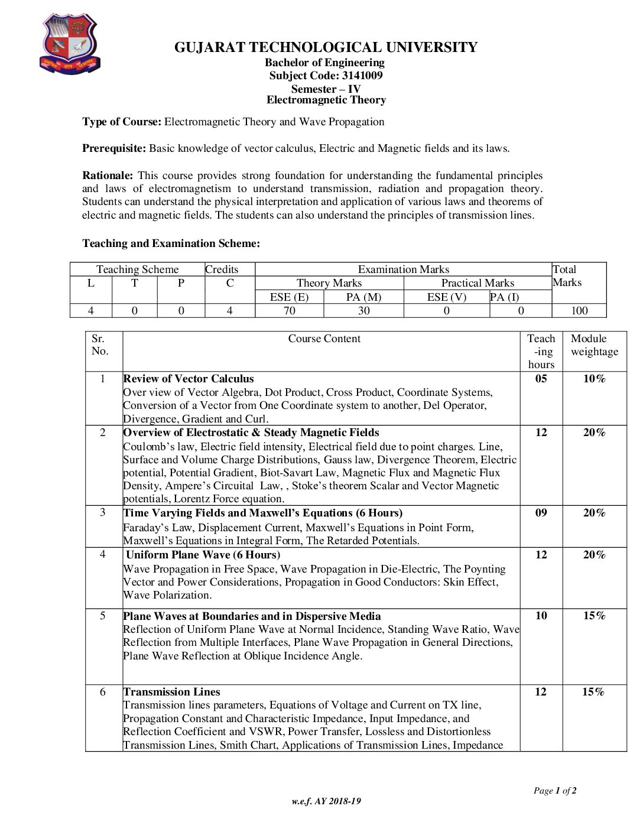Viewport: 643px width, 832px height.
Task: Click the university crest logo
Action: tap(70, 45)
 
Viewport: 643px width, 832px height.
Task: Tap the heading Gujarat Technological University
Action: tap(326, 47)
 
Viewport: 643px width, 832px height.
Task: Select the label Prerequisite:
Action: tap(114, 148)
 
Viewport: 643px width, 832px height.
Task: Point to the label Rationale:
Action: tap(108, 175)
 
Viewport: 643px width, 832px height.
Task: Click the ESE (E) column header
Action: tap(289, 297)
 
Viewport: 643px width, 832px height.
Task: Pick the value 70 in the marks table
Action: tap(289, 311)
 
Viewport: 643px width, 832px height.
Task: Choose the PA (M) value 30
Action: tap(363, 311)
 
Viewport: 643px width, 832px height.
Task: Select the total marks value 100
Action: tap(579, 311)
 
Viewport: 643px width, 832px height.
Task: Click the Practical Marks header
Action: tap(478, 283)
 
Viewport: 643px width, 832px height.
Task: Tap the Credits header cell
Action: tap(222, 269)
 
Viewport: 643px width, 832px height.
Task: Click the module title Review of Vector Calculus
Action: tap(189, 379)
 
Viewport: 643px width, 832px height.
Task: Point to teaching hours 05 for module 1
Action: tap(541, 379)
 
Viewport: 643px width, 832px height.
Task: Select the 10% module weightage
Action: tap(594, 379)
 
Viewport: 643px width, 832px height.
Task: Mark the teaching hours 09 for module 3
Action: tap(541, 513)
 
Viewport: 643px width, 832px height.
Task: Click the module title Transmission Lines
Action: tap(172, 692)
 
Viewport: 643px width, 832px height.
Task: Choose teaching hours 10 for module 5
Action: tap(541, 616)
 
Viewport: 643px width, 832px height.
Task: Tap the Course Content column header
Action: tap(324, 339)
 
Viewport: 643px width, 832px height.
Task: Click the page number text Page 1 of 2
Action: tap(555, 791)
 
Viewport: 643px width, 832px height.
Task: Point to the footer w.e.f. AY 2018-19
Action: tap(326, 801)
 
